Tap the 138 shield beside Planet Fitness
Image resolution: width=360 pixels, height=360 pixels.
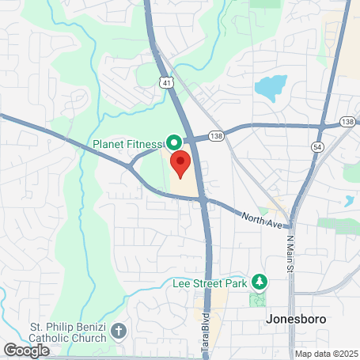tap(216, 137)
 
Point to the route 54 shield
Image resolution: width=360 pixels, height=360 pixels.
tap(316, 148)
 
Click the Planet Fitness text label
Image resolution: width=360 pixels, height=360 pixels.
tap(127, 143)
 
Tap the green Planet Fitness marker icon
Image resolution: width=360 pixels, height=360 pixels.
tap(173, 142)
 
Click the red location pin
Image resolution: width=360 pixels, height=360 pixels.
tap(180, 165)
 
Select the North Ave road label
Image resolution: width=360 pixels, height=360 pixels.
tap(262, 219)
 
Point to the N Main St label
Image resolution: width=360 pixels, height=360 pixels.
tap(290, 254)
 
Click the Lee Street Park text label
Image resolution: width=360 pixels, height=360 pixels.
tap(210, 282)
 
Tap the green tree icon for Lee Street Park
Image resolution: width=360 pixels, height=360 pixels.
tap(259, 282)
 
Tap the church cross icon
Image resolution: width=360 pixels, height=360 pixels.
tap(119, 331)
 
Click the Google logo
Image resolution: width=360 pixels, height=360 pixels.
tap(26, 349)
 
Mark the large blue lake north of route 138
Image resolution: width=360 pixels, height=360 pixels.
tap(270, 87)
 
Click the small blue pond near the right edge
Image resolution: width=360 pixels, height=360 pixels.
tap(349, 200)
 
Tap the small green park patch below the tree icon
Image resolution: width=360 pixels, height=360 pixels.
tap(258, 301)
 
